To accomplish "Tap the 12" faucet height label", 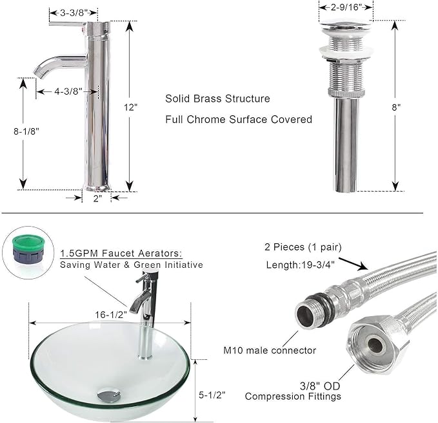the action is click(x=131, y=107).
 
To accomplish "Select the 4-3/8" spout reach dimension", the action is click(x=68, y=91).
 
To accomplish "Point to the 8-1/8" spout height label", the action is click(x=26, y=131).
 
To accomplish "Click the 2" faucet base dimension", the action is click(x=97, y=198).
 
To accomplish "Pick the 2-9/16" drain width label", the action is click(x=346, y=7).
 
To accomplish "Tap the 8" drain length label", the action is click(x=396, y=108).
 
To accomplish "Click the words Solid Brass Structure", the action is click(x=217, y=99).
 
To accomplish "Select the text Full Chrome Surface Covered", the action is click(x=239, y=119).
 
